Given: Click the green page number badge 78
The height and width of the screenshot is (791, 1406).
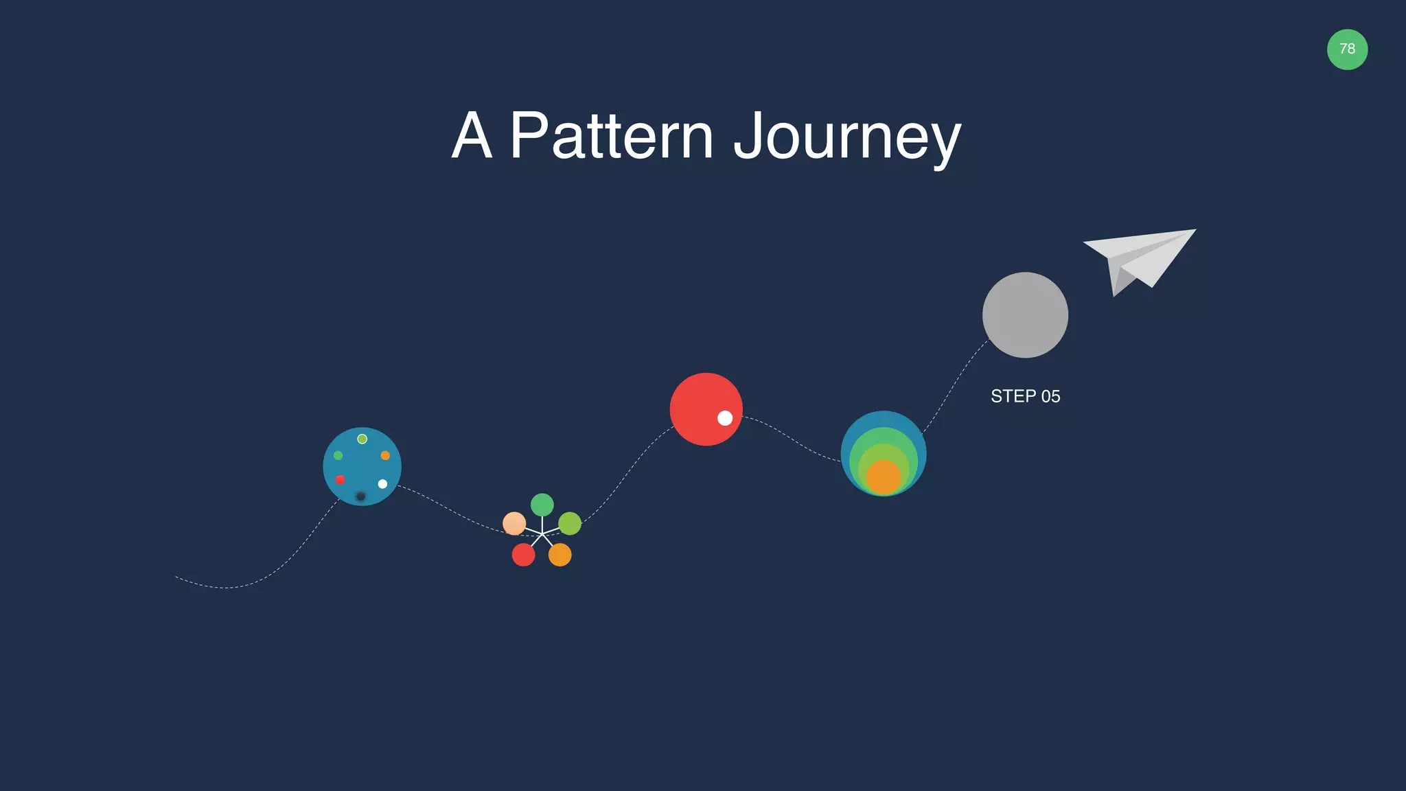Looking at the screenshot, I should (x=1347, y=49).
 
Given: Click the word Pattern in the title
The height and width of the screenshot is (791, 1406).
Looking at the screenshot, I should (x=611, y=136).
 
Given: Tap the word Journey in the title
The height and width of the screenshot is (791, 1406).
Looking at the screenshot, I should (x=847, y=137).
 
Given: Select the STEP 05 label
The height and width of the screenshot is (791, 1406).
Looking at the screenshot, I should (x=1025, y=396).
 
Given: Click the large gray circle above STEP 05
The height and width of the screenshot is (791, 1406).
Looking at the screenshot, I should (x=1025, y=314).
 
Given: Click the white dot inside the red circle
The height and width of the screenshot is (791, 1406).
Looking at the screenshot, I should (x=725, y=418).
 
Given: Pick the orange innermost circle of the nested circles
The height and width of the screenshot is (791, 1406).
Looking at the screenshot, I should (x=884, y=477).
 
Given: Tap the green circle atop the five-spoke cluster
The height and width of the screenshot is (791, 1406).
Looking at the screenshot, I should (x=542, y=505).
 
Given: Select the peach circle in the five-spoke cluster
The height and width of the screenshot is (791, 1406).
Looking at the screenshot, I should (x=514, y=523).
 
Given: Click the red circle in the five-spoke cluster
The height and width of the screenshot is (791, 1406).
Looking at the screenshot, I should (x=523, y=555).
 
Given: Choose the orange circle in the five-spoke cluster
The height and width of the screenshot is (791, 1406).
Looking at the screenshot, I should (x=560, y=555).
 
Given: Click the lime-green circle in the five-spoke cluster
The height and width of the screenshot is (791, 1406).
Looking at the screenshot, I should (x=570, y=523).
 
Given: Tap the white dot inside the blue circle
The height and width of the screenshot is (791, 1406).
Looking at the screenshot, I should (x=382, y=484).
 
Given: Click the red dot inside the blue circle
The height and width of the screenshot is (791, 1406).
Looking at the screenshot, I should (x=340, y=480).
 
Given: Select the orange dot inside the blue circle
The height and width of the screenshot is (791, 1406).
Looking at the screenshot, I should (x=385, y=455).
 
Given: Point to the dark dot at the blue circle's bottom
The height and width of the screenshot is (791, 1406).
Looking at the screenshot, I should (x=360, y=496).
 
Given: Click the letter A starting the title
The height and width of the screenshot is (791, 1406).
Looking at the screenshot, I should (x=472, y=136).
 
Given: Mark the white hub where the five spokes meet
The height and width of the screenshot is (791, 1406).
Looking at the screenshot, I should (x=542, y=534).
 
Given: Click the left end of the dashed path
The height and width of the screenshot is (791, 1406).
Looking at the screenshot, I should (x=177, y=577).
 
